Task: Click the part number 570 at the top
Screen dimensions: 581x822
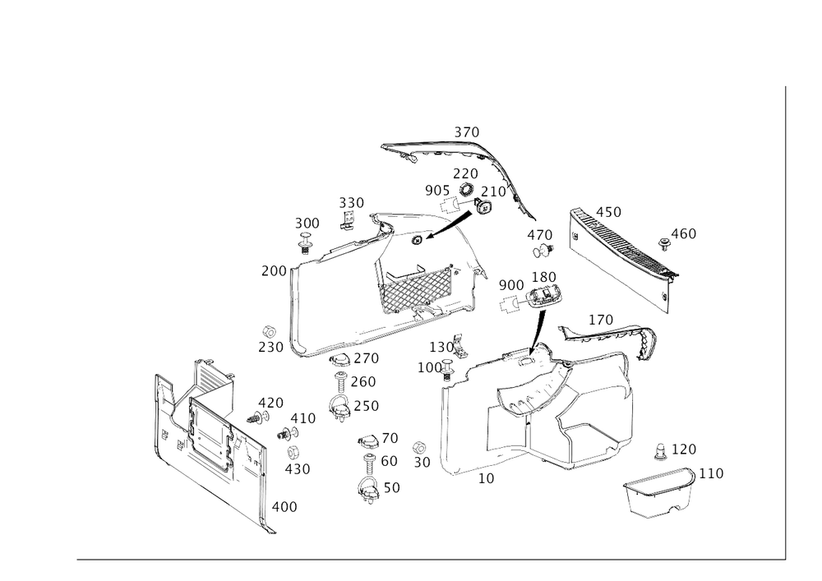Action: coord(468,132)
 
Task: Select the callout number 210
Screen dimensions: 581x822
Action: coord(493,191)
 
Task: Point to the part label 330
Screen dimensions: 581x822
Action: coord(351,202)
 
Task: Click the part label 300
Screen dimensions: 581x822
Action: coord(307,224)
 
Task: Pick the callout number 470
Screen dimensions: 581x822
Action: coord(541,234)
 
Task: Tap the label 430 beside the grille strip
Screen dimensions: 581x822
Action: coord(608,212)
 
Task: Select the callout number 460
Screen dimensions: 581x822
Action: coord(683,235)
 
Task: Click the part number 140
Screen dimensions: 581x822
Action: coord(601,318)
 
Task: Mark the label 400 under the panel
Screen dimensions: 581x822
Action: coord(284,507)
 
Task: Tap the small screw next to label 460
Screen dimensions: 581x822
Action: coord(664,242)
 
